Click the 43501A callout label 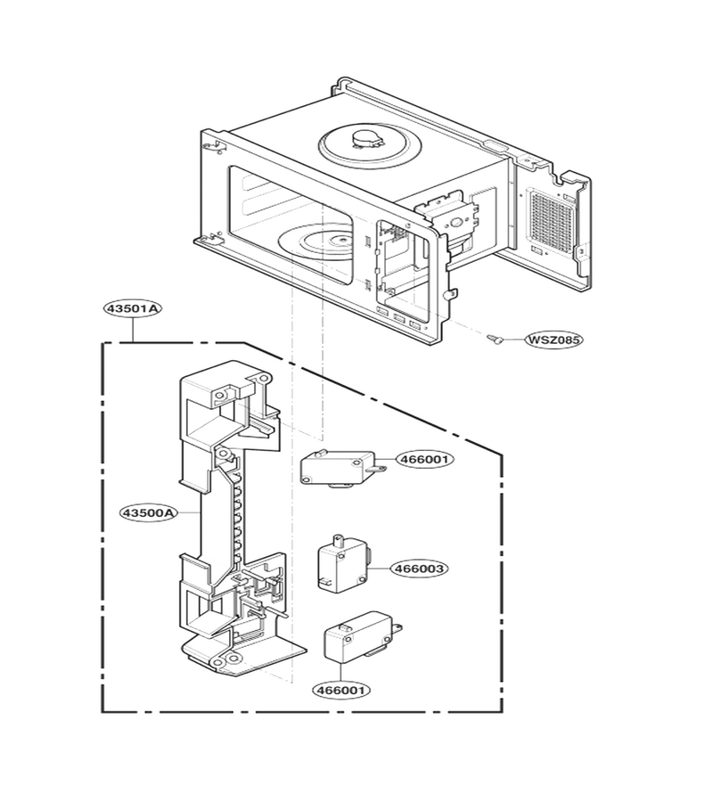click(x=133, y=308)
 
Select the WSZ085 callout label click(x=554, y=340)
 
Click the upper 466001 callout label click(x=424, y=459)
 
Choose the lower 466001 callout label click(x=341, y=690)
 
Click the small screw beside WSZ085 click(x=495, y=338)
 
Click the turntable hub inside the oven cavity click(x=338, y=239)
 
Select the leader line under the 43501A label click(x=133, y=330)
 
